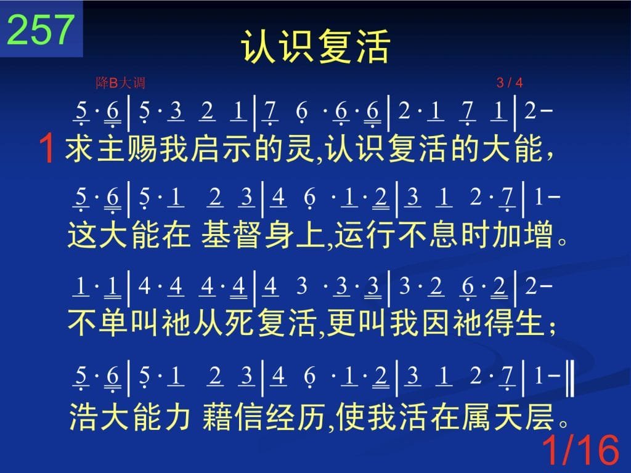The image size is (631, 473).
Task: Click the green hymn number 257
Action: [x=41, y=30]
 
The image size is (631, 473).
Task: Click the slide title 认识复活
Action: [x=315, y=46]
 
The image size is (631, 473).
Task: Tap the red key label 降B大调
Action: [x=120, y=83]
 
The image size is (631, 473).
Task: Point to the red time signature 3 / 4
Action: [x=510, y=83]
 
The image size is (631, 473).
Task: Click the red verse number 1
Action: [x=47, y=148]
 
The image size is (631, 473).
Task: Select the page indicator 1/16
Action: [x=580, y=450]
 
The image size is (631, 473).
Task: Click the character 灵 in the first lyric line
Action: [x=300, y=148]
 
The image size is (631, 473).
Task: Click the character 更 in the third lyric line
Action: [x=341, y=323]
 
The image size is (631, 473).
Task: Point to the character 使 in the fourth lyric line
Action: [x=351, y=416]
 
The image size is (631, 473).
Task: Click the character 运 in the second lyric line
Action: [x=349, y=235]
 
